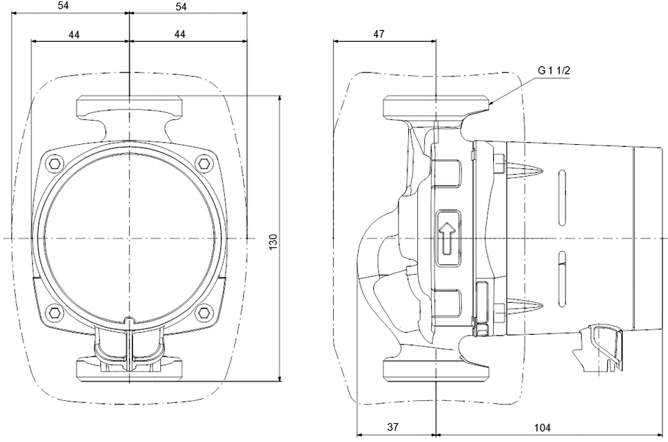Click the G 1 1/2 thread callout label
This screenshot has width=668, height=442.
(554, 70)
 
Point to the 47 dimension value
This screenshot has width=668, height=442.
(379, 33)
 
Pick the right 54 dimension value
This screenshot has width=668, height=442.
(181, 6)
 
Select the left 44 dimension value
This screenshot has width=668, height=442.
(78, 33)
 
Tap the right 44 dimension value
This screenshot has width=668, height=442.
(180, 33)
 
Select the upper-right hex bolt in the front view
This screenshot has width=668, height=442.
(203, 164)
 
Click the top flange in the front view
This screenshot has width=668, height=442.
(130, 108)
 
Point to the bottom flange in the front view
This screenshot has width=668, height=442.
(130, 369)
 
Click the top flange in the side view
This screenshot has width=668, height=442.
(436, 108)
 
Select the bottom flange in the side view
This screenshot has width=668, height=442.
(436, 369)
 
